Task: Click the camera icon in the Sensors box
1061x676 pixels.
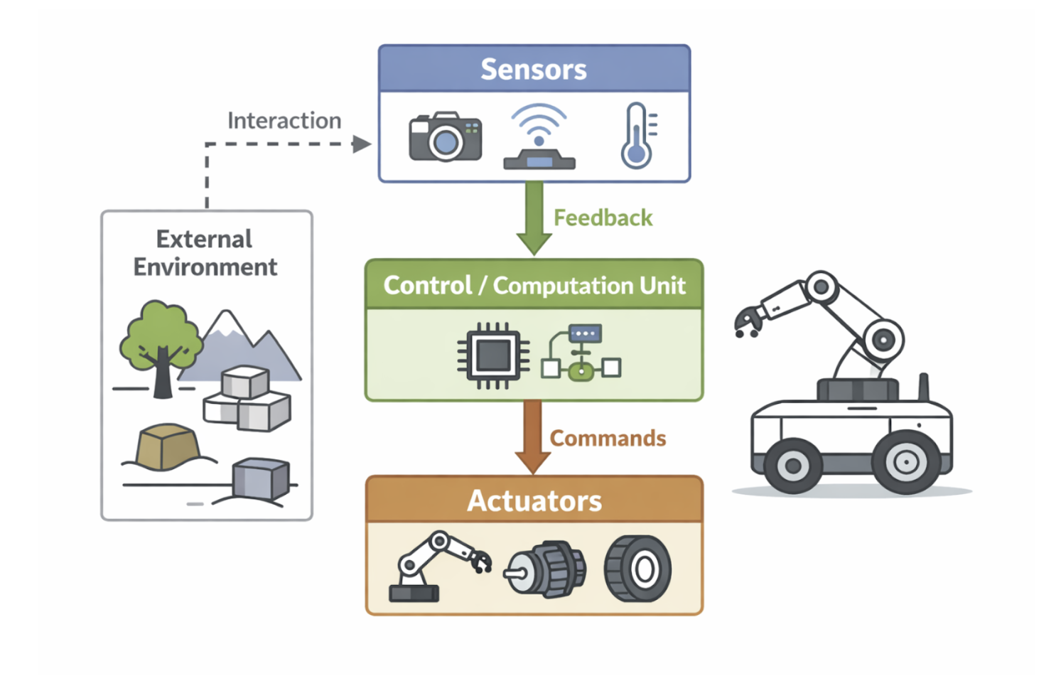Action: pyautogui.click(x=445, y=136)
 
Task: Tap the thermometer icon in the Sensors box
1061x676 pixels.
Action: pyautogui.click(x=637, y=136)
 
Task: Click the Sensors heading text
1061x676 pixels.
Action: pyautogui.click(x=534, y=70)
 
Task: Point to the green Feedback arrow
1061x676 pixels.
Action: pyautogui.click(x=534, y=218)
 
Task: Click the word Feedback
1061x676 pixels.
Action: pyautogui.click(x=603, y=218)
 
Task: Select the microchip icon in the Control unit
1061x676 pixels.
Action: pyautogui.click(x=493, y=355)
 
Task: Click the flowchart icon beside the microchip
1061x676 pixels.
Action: pyautogui.click(x=581, y=353)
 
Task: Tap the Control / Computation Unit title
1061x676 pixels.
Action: pyautogui.click(x=534, y=285)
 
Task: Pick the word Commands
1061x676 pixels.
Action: pyautogui.click(x=608, y=438)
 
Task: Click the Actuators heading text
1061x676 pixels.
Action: pyautogui.click(x=534, y=500)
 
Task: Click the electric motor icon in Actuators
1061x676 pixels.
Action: pyautogui.click(x=546, y=569)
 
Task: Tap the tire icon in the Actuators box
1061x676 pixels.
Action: pyautogui.click(x=638, y=569)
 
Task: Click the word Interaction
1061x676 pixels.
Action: pyautogui.click(x=284, y=121)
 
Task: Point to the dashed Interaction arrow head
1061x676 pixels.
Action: pyautogui.click(x=362, y=144)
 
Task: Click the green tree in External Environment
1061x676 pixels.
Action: pyautogui.click(x=160, y=341)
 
